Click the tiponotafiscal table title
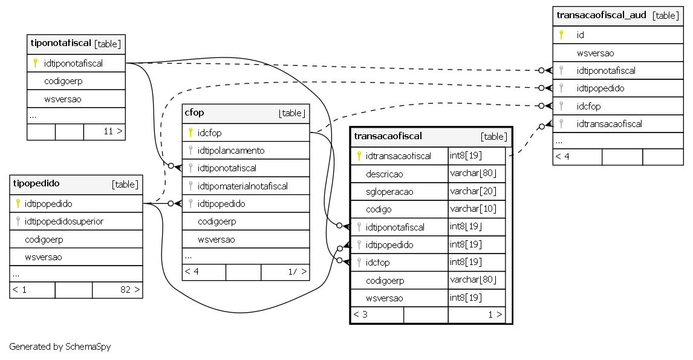tap(60, 44)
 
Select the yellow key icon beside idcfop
tap(190, 133)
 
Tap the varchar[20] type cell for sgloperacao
tap(473, 191)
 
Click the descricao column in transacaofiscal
tap(385, 174)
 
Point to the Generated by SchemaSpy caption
tap(60, 346)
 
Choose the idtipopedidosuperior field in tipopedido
tap(64, 221)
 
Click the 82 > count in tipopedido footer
tap(130, 290)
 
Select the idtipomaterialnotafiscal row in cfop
tap(242, 186)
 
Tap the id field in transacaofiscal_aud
tap(581, 35)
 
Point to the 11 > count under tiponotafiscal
tap(113, 131)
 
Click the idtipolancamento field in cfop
tap(231, 151)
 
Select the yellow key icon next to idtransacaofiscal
tap(359, 155)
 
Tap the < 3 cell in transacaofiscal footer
tap(360, 315)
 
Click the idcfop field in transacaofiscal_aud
tap(589, 106)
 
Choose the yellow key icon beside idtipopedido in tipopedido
tap(18, 203)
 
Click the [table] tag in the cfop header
tap(291, 113)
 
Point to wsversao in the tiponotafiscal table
tap(63, 99)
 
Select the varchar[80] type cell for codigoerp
tap(473, 280)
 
